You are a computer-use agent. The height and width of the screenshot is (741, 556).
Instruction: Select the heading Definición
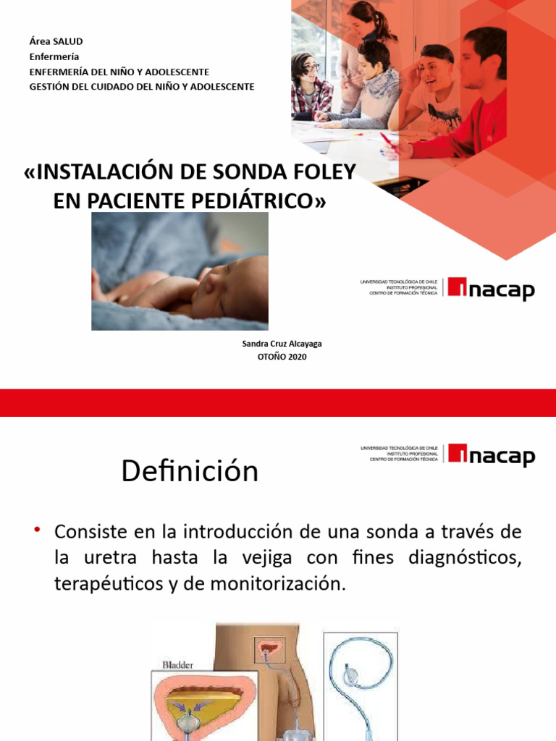tap(190, 472)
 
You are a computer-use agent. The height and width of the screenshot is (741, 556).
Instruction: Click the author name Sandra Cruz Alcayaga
tap(282, 344)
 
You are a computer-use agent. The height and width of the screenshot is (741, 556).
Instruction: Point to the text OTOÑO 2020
tap(282, 356)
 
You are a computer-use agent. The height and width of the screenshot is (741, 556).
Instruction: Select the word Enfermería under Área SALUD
tap(54, 56)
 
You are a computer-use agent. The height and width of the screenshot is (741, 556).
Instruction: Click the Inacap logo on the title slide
tap(491, 288)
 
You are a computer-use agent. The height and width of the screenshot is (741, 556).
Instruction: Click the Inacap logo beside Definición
tap(491, 455)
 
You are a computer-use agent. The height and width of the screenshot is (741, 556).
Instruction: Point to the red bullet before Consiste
tap(37, 531)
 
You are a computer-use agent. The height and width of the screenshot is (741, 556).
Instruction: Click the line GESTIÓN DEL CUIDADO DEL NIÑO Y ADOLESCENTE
tap(141, 87)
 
